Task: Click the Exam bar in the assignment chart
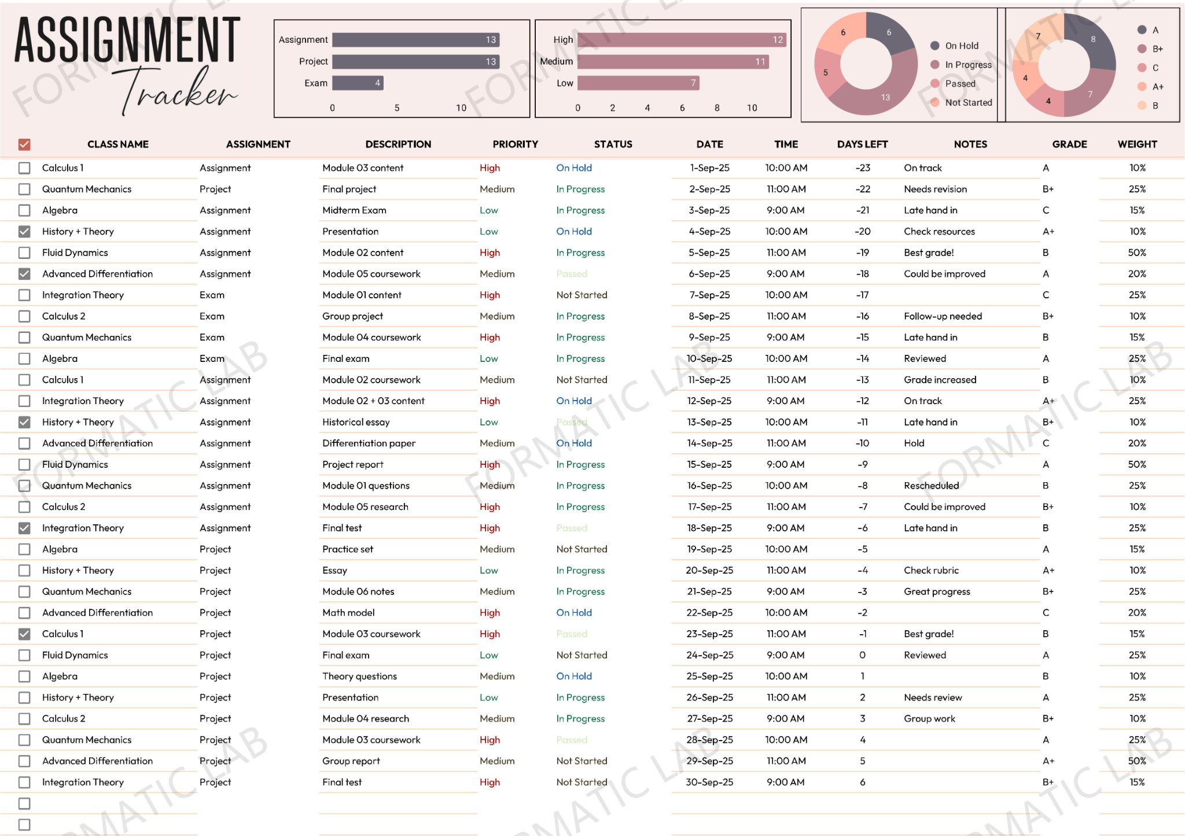358,83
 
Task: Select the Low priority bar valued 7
638,83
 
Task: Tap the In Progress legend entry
967,65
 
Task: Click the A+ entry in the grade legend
1157,87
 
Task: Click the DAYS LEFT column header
862,145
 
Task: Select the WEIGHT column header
1137,145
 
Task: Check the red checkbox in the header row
24,145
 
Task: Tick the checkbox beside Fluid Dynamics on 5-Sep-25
24,253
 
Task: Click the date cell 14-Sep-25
709,443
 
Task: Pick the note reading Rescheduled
931,486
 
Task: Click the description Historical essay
356,422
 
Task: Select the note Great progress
937,591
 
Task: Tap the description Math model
348,613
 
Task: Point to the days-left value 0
862,655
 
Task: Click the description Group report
351,761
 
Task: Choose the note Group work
929,719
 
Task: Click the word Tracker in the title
179,93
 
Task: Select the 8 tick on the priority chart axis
717,108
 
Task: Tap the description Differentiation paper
369,443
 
